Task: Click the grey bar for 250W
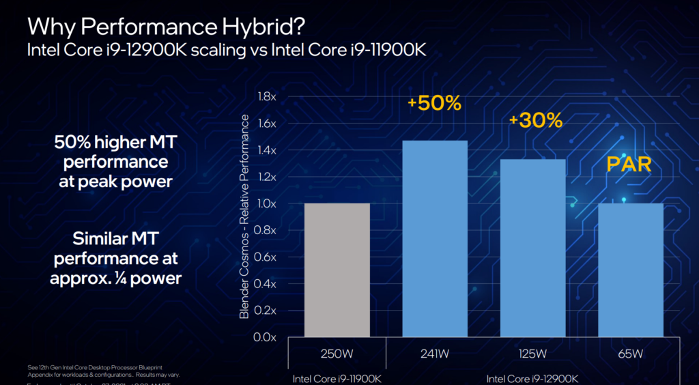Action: [337, 270]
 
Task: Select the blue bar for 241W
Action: [435, 239]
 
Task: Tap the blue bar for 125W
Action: [532, 248]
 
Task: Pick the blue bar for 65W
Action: [630, 270]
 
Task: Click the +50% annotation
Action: [434, 103]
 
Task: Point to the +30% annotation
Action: [535, 121]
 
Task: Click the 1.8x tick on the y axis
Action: [266, 96]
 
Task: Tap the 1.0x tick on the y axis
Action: [266, 203]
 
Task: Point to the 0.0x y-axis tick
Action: [266, 337]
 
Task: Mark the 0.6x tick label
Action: [266, 257]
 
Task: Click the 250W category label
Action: [337, 354]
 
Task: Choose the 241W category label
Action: [435, 354]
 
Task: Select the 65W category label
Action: [630, 354]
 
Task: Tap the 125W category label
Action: [532, 354]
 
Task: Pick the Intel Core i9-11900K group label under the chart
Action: [337, 377]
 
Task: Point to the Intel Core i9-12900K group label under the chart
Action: [532, 377]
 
